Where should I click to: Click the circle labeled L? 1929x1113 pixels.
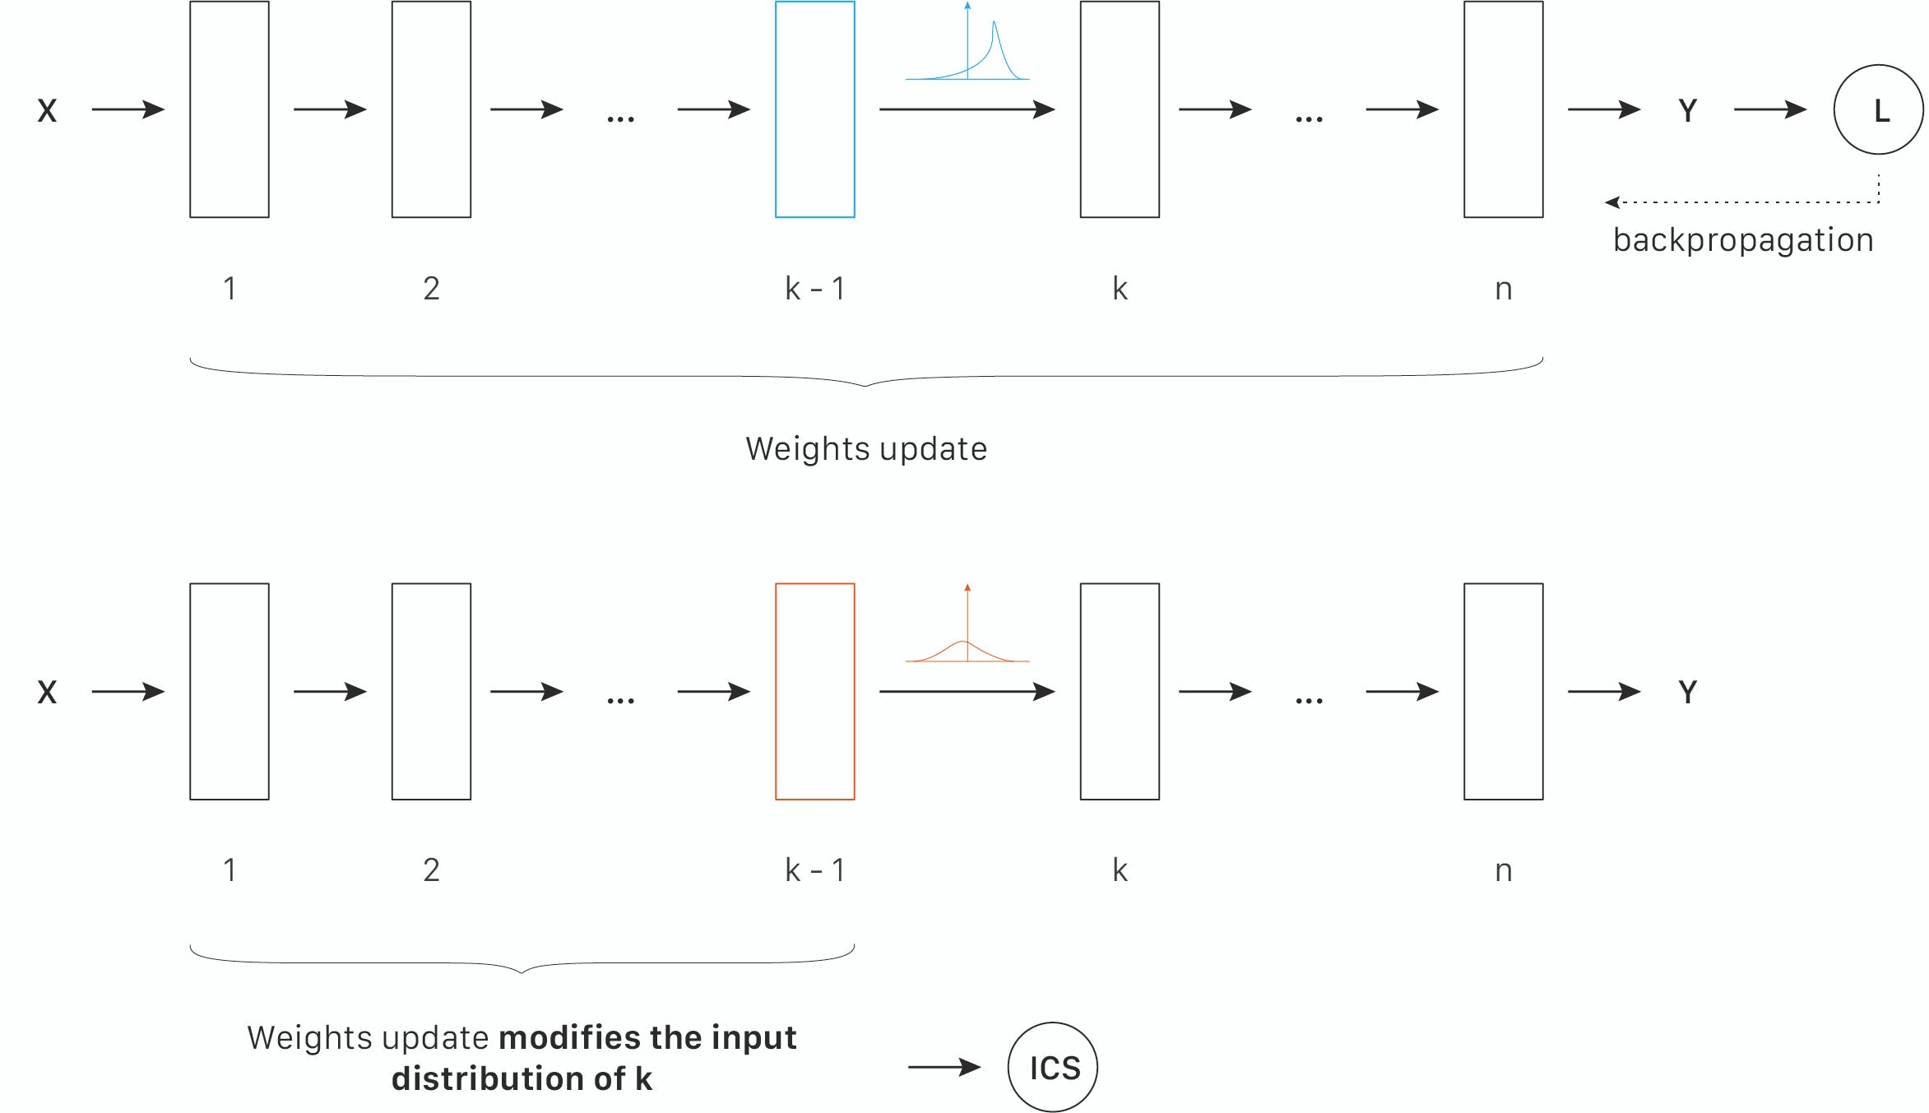(x=1878, y=109)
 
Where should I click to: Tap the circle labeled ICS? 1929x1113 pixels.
(x=1053, y=1067)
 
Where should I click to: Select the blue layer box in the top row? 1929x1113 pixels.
(x=814, y=109)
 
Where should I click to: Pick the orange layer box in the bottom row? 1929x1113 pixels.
(x=814, y=691)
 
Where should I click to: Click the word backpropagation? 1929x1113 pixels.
(x=1742, y=240)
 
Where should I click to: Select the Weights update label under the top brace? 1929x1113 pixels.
(x=865, y=449)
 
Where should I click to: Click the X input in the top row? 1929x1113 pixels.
(x=47, y=110)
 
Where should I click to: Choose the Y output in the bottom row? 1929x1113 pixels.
(x=1687, y=692)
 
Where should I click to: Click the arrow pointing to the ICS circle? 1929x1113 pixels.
(x=944, y=1067)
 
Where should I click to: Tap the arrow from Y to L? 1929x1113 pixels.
(x=1769, y=109)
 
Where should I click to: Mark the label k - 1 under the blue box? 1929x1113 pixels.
(x=814, y=289)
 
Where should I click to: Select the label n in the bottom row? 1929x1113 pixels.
(x=1503, y=870)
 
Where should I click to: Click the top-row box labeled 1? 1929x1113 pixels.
(x=230, y=109)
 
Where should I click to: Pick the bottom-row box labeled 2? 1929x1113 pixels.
(x=431, y=691)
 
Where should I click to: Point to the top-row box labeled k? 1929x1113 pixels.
(x=1120, y=109)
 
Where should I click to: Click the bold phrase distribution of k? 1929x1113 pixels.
(x=522, y=1078)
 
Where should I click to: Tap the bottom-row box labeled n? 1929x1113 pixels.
(x=1503, y=691)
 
